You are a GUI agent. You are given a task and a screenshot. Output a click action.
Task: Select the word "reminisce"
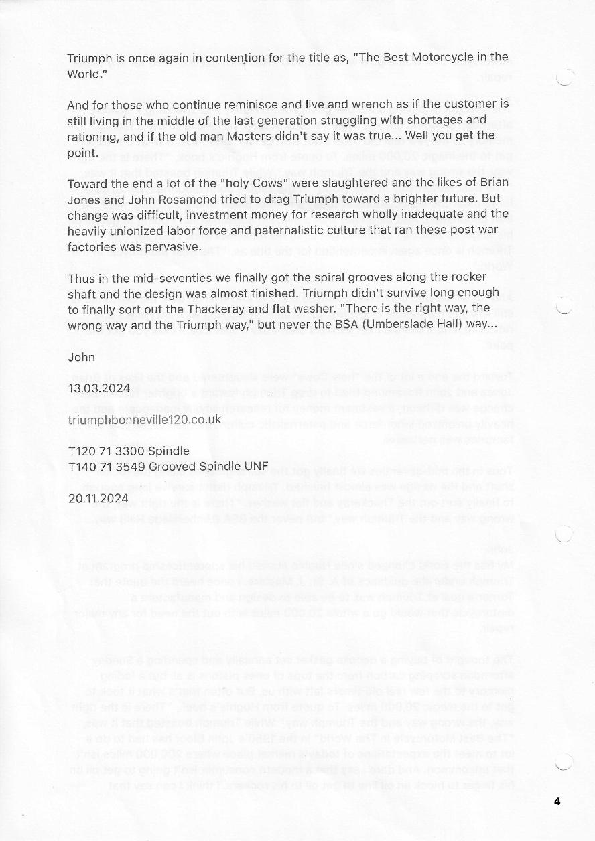point(251,105)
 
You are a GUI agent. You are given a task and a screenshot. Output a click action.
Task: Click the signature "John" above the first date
point(81,357)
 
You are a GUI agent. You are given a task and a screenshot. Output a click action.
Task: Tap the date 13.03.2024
point(98,388)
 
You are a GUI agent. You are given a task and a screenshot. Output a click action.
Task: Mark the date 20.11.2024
point(98,498)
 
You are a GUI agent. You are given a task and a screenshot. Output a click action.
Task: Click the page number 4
point(557,801)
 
